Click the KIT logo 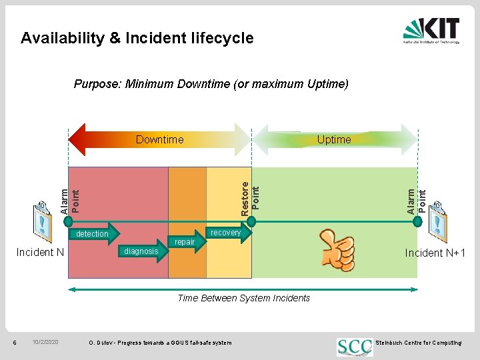(431, 31)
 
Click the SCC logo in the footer (355, 345)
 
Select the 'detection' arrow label (93, 234)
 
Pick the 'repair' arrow (185, 242)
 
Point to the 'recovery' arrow (225, 233)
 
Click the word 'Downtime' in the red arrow (159, 139)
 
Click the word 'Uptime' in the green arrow (334, 139)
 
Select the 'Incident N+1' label (435, 253)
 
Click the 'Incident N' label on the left (40, 252)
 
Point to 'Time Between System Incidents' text (243, 298)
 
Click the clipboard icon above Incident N (42, 220)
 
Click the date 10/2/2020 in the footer (45, 343)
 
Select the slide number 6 (15, 343)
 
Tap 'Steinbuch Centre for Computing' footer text (418, 343)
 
